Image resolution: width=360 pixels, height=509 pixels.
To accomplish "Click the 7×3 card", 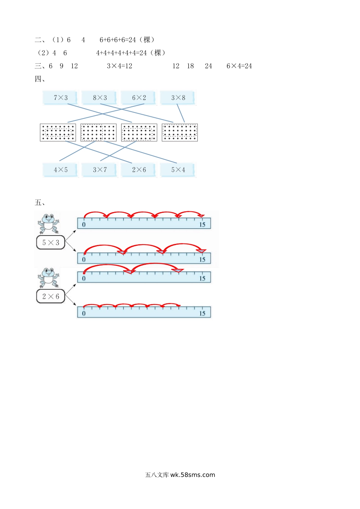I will (x=61, y=98).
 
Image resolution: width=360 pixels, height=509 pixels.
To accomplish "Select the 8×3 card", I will (x=100, y=98).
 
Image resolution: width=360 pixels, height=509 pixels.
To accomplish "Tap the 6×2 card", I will (x=139, y=98).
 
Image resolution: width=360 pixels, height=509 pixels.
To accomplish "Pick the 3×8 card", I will (x=178, y=98).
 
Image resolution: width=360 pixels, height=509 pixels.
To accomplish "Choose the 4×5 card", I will (x=61, y=170).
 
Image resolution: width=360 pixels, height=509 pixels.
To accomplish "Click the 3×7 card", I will (x=100, y=170).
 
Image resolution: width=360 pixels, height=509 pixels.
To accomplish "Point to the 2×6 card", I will (x=139, y=170).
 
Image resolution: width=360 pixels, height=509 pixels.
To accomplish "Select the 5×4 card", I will (x=178, y=170).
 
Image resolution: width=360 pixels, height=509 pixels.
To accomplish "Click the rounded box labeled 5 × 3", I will (x=51, y=243).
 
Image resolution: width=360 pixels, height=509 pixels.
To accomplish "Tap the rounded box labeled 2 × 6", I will (x=51, y=297).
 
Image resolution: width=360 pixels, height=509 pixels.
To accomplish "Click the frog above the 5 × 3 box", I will (x=49, y=224).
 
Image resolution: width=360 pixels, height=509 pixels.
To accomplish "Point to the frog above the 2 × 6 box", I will (x=49, y=278).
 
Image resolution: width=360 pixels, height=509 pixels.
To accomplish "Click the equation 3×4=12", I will (x=120, y=66).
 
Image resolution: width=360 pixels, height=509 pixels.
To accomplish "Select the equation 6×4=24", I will (x=239, y=66).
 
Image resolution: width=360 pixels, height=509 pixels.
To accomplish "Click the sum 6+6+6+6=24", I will (x=118, y=40).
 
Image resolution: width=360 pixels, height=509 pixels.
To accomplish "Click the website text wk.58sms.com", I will (x=193, y=475).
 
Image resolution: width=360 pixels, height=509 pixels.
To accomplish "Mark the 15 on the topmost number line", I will (x=202, y=225).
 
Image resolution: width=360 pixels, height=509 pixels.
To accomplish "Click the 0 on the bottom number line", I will (x=84, y=313).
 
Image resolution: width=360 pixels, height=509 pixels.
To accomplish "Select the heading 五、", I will (x=40, y=203).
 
